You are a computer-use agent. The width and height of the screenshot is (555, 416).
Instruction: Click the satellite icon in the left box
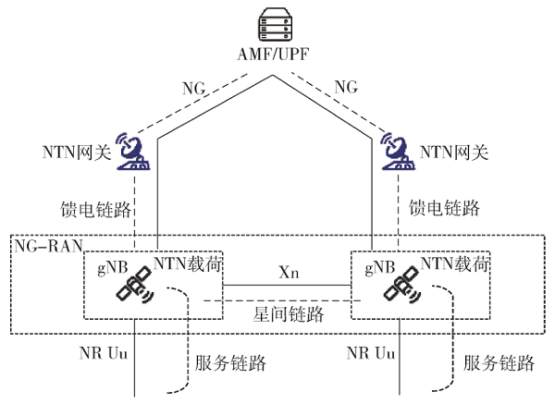136,289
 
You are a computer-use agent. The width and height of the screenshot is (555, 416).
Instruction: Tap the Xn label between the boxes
289,275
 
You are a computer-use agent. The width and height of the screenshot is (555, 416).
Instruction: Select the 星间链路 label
289,314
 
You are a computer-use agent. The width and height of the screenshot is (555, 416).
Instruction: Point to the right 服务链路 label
499,363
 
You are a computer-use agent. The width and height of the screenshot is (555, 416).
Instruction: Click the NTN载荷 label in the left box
188,265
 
